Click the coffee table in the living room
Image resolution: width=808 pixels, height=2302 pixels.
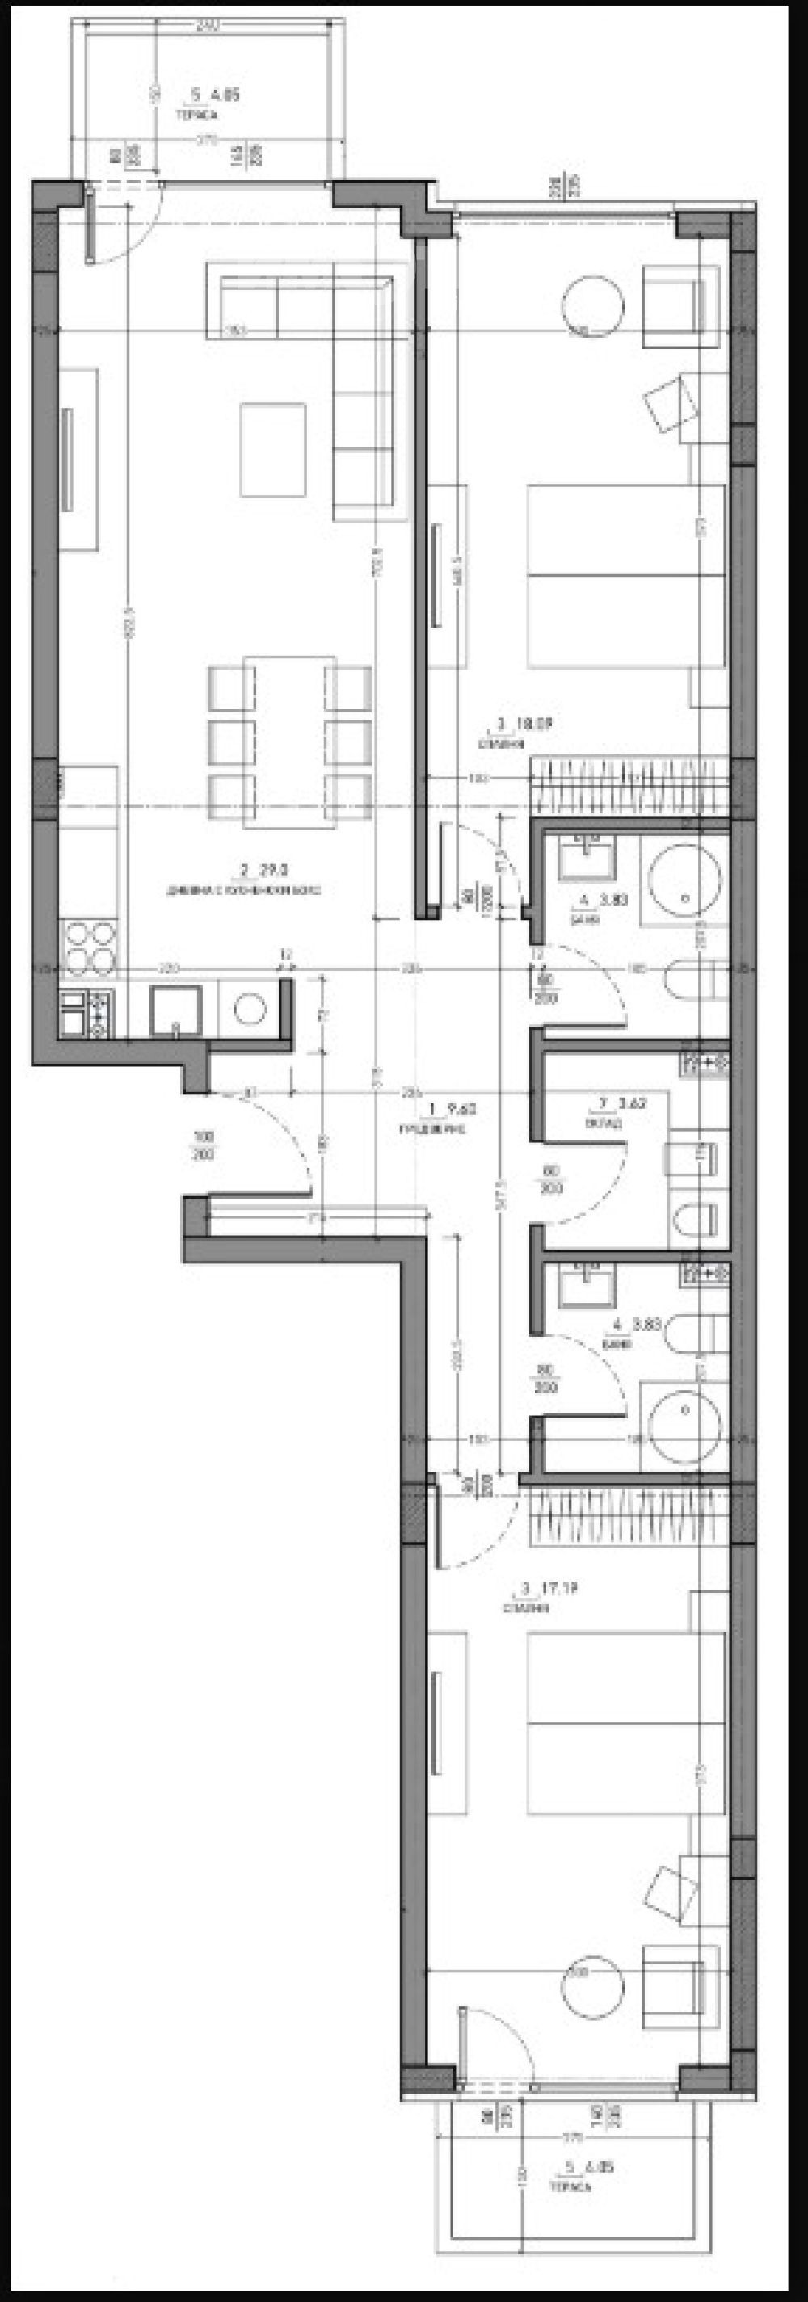click(272, 451)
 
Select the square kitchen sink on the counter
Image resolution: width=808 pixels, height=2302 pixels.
click(178, 1010)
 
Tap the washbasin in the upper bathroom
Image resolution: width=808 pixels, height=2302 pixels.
click(586, 858)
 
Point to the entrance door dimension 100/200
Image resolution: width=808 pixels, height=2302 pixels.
click(204, 1145)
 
